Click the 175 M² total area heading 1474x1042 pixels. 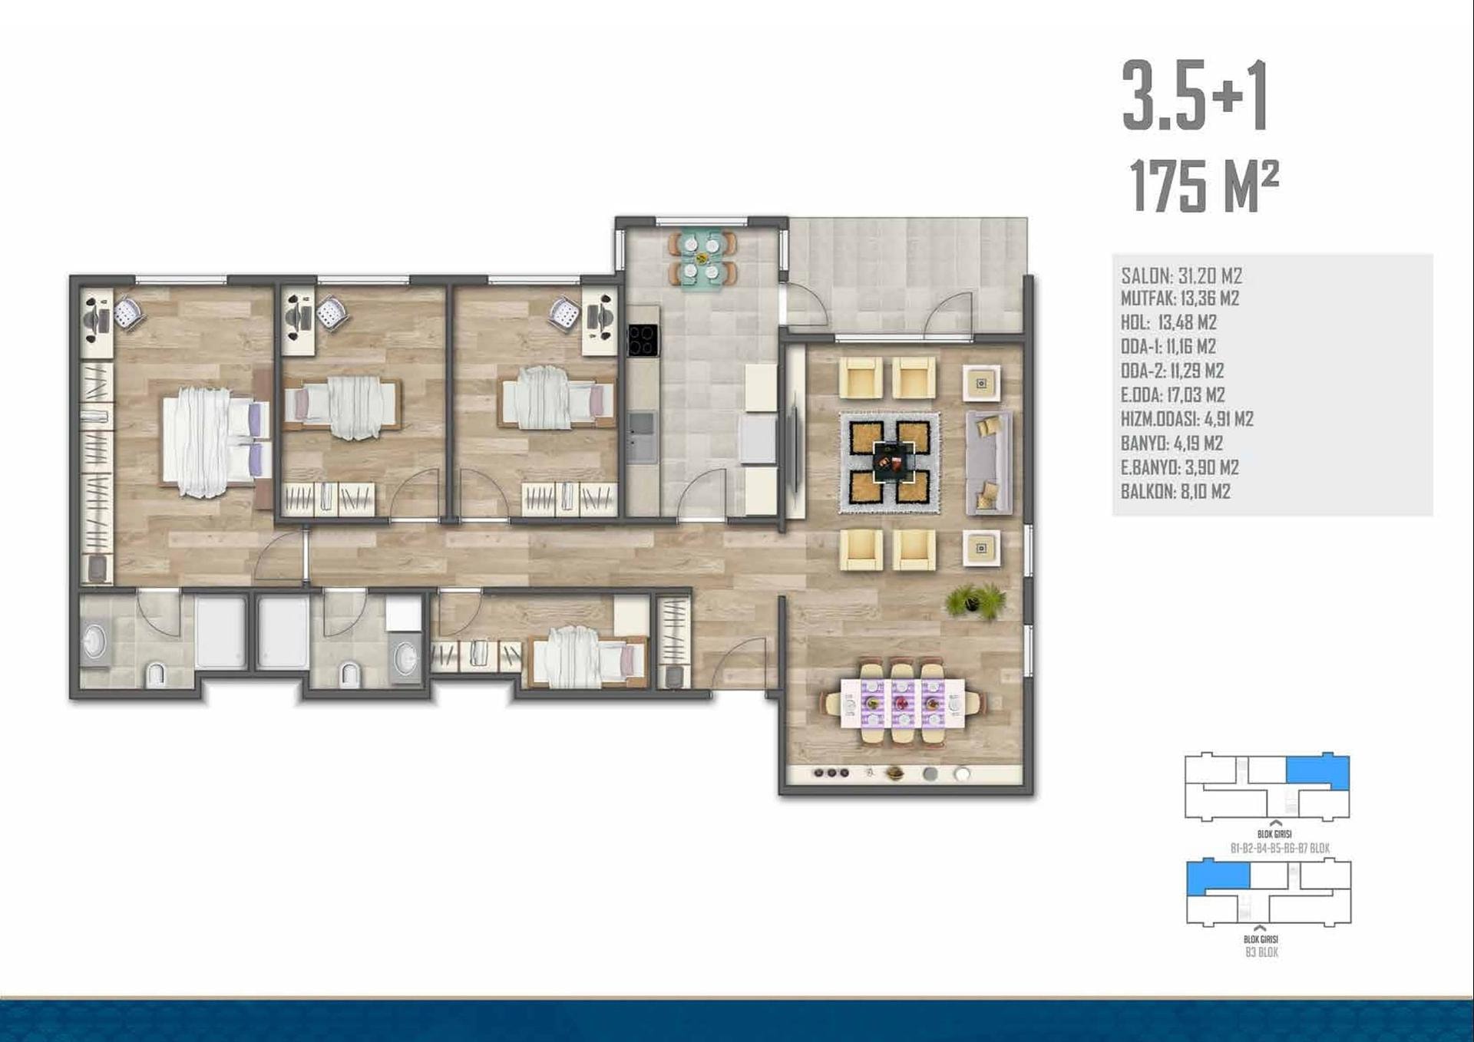pyautogui.click(x=1204, y=186)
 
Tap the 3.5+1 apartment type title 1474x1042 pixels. pyautogui.click(x=1195, y=97)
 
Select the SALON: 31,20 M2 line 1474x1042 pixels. pyautogui.click(x=1182, y=276)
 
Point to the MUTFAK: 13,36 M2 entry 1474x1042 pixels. pyautogui.click(x=1180, y=298)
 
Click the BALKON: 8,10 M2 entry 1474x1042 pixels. pyautogui.click(x=1175, y=492)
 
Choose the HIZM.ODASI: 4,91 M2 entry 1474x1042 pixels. pyautogui.click(x=1187, y=419)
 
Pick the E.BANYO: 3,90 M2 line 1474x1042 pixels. pyautogui.click(x=1180, y=467)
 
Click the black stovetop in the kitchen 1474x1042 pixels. pyautogui.click(x=643, y=340)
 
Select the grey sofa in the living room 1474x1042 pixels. pyautogui.click(x=989, y=463)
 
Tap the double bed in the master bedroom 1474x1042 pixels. pyautogui.click(x=215, y=441)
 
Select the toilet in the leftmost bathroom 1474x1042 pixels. pyautogui.click(x=156, y=674)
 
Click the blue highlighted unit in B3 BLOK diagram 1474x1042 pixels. pyautogui.click(x=1218, y=876)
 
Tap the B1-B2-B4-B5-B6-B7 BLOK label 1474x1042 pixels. pyautogui.click(x=1280, y=848)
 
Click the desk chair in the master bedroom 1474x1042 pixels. pyautogui.click(x=129, y=313)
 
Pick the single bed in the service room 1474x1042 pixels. pyautogui.click(x=588, y=656)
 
